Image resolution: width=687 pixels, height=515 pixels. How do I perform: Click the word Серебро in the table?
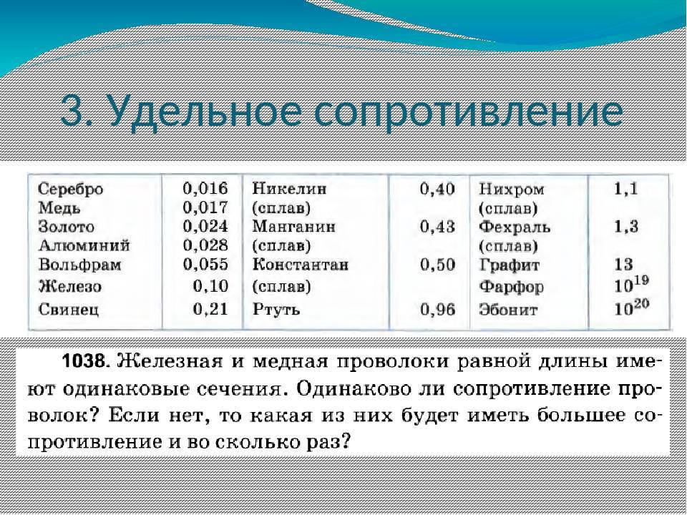pos(71,189)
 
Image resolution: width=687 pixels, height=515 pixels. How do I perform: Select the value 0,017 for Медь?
pos(205,207)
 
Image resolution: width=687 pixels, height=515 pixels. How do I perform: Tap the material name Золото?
pos(66,227)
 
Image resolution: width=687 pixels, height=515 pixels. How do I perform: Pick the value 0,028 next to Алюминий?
pos(205,245)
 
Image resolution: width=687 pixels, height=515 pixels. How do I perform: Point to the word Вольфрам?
pos(79,265)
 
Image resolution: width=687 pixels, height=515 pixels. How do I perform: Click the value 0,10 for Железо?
pos(210,286)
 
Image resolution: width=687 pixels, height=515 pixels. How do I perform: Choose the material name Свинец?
pos(69,309)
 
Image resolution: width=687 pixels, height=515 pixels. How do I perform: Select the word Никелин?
pos(289,189)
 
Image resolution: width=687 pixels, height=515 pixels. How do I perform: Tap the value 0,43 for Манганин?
pos(437,227)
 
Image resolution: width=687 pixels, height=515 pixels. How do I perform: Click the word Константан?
pos(301,265)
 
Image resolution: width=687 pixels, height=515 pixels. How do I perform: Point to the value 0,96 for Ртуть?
pos(437,309)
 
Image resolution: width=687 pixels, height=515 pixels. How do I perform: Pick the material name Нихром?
pos(511,189)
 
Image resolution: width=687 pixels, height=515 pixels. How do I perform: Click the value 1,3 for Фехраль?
pos(626,227)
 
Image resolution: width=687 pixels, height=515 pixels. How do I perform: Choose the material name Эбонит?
pos(508,310)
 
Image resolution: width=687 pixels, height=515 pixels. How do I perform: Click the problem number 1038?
pos(84,362)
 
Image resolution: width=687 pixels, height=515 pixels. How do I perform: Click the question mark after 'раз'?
pos(346,441)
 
